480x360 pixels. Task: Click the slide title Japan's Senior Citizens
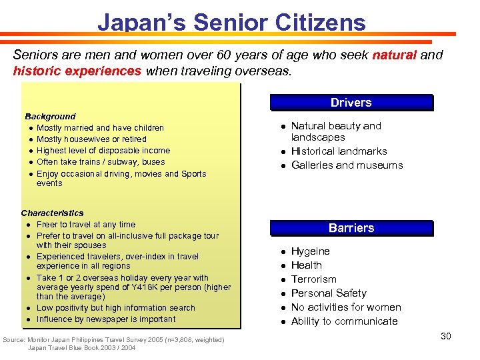click(x=231, y=22)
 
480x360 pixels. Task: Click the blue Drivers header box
click(x=351, y=103)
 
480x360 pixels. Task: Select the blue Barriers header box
click(x=351, y=228)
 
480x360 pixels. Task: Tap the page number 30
click(x=445, y=336)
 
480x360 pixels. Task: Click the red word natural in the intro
click(x=394, y=55)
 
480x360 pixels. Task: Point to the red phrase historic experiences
click(x=77, y=70)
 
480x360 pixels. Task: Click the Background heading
click(x=50, y=116)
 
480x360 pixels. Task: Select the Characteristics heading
click(x=52, y=213)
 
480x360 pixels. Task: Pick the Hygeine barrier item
click(x=310, y=251)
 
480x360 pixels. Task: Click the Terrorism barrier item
click(x=313, y=279)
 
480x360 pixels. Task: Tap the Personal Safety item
click(x=329, y=293)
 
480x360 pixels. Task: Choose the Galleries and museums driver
click(x=347, y=165)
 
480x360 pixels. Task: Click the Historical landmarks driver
click(x=339, y=151)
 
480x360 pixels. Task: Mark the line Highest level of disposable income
click(x=103, y=151)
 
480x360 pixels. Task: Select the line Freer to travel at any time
click(x=86, y=225)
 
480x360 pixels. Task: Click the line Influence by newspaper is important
click(x=106, y=319)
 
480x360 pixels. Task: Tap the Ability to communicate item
click(x=344, y=321)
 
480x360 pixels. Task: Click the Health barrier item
click(x=306, y=265)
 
